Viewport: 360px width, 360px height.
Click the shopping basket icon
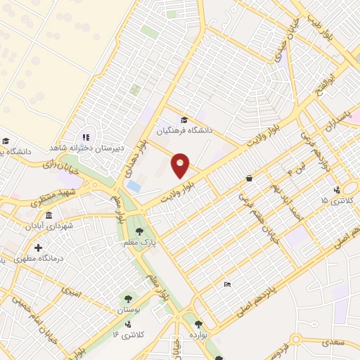[250, 179]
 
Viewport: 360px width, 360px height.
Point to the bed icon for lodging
[226, 284]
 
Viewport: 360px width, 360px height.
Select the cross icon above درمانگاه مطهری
[38, 247]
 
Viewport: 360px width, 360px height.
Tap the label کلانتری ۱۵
[334, 201]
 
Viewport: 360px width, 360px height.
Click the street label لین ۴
[286, 171]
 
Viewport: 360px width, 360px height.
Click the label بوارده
[198, 335]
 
